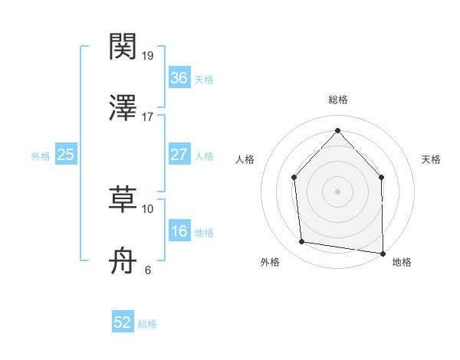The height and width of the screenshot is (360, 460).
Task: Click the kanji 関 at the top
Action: click(x=123, y=47)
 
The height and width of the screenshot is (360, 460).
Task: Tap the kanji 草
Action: click(x=123, y=198)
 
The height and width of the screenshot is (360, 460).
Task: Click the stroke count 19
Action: click(x=148, y=56)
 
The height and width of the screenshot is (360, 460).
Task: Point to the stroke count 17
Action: click(x=148, y=116)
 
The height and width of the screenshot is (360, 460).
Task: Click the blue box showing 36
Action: click(x=179, y=78)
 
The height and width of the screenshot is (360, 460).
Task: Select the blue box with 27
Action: click(x=179, y=155)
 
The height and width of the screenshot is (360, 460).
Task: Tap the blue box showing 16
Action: click(x=179, y=231)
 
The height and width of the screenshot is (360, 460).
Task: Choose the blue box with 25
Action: click(x=66, y=155)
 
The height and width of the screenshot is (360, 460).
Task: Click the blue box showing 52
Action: click(x=123, y=322)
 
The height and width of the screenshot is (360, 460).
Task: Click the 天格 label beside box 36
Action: click(x=203, y=80)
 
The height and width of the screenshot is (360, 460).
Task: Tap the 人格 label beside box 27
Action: click(x=203, y=156)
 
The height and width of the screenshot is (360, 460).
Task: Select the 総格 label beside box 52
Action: click(x=147, y=324)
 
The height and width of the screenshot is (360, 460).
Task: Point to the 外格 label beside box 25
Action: click(x=41, y=156)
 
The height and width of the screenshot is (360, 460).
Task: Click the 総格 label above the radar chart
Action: click(x=337, y=100)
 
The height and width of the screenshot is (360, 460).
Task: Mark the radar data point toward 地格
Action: click(x=383, y=253)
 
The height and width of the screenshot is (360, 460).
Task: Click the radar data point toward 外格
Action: click(x=302, y=242)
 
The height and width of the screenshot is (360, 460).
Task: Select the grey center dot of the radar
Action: click(x=337, y=191)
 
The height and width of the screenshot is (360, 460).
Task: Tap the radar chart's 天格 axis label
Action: click(x=431, y=159)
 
